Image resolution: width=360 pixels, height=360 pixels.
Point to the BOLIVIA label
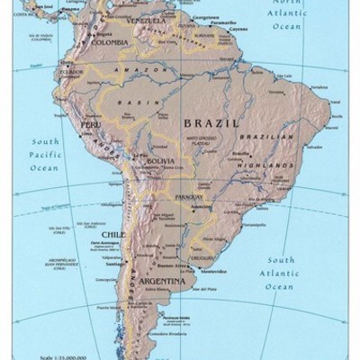click(x=159, y=161)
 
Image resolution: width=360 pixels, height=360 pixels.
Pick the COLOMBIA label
click(x=110, y=41)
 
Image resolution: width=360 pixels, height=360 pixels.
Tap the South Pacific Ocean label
click(x=45, y=155)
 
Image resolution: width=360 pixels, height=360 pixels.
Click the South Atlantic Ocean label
click(x=279, y=274)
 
